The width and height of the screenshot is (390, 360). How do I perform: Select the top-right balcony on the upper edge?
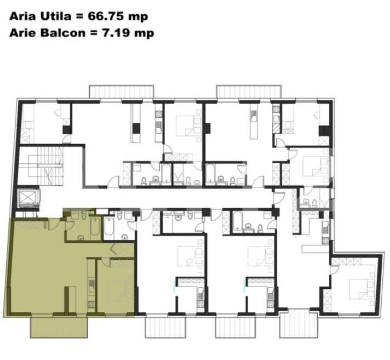(x=250, y=92)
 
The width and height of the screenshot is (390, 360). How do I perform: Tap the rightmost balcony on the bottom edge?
(x=300, y=324)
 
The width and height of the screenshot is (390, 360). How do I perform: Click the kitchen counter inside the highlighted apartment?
(x=91, y=287)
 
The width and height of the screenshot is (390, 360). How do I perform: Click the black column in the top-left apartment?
(x=67, y=130)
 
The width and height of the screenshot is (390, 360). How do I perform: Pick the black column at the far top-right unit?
(x=324, y=132)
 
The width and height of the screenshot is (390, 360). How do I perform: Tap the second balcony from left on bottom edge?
(x=163, y=327)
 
